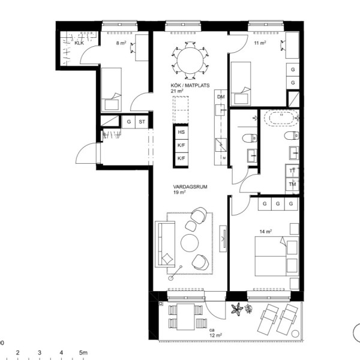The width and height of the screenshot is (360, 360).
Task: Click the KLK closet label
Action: tap(79, 43)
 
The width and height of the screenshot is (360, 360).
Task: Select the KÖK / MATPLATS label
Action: tap(190, 85)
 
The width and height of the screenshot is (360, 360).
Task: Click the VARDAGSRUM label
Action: tap(190, 187)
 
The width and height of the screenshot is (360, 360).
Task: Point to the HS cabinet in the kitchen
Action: tap(181, 132)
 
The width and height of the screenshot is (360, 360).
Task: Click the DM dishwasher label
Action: tap(221, 97)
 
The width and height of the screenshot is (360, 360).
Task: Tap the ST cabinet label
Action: tap(142, 122)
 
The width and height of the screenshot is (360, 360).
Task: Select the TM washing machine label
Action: tap(292, 184)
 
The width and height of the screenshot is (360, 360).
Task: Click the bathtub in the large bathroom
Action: tap(281, 118)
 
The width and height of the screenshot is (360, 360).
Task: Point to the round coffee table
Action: tap(190, 243)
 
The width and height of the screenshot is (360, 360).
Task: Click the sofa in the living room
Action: tap(165, 244)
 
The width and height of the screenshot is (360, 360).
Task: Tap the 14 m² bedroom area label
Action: tap(266, 232)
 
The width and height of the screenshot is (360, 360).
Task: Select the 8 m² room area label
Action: tap(121, 43)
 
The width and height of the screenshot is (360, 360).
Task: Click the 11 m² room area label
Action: tap(260, 43)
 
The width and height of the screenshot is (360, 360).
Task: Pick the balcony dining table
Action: tap(186, 317)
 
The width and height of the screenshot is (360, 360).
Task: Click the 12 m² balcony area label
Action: tap(215, 335)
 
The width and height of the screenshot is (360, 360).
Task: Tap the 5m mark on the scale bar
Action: tap(83, 352)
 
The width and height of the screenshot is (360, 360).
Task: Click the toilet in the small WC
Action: tap(250, 138)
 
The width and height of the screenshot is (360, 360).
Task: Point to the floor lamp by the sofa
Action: tap(175, 272)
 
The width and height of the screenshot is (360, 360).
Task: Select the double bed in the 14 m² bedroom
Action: tap(277, 256)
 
